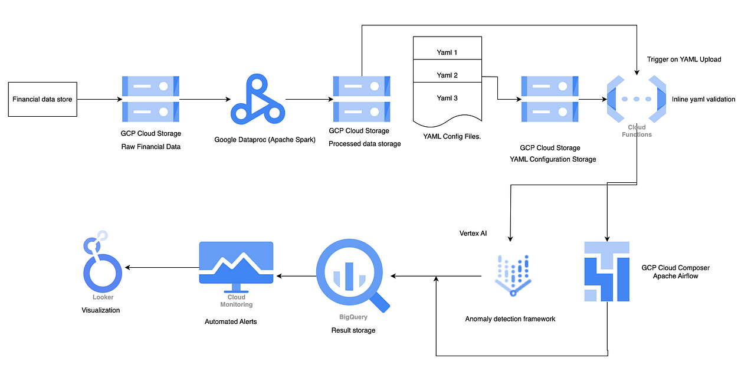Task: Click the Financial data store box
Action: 42,99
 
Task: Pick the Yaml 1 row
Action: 447,52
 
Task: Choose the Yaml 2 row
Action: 447,75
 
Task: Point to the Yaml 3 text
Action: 447,98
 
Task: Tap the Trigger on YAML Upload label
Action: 684,60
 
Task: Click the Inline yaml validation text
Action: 703,99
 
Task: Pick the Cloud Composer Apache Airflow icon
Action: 606,271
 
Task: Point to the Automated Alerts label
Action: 231,321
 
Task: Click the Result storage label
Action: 353,330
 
